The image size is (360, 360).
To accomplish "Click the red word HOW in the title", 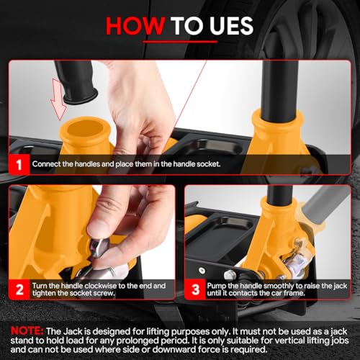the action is point(135,26).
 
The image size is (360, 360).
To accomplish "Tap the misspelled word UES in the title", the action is point(232,26).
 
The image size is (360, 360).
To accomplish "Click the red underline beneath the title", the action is point(180,42).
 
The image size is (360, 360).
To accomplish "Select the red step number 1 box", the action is point(19,164).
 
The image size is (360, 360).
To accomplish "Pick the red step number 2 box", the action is point(19,289).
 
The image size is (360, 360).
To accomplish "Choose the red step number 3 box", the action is point(195,289).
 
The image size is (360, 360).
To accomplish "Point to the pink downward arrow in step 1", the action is point(58,99).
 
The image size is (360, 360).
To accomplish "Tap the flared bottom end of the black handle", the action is point(81,96).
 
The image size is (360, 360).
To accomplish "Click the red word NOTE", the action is point(27,331).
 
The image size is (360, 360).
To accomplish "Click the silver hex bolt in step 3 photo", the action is point(230,275).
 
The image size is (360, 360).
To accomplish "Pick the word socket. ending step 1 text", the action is point(208,164).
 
